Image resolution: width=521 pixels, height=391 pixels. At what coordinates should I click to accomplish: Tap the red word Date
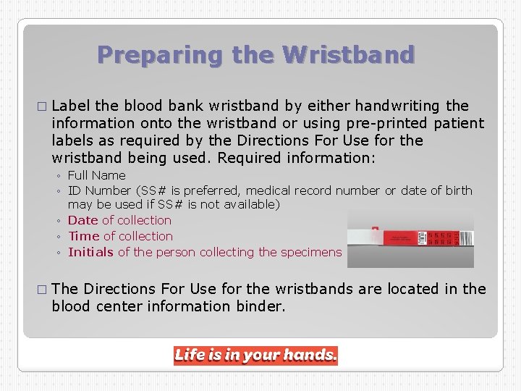point(83,220)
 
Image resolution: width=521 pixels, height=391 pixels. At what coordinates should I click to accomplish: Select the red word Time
point(84,236)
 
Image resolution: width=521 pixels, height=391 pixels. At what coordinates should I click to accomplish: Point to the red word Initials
point(90,252)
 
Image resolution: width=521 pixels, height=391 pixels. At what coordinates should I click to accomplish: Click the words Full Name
point(96,175)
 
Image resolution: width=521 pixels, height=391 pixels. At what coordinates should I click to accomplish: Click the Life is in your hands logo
point(255,356)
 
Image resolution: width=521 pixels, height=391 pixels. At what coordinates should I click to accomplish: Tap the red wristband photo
point(410,238)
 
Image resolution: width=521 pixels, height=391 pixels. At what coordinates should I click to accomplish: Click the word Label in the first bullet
point(71,106)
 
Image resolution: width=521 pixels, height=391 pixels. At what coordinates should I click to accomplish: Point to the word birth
point(457,190)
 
